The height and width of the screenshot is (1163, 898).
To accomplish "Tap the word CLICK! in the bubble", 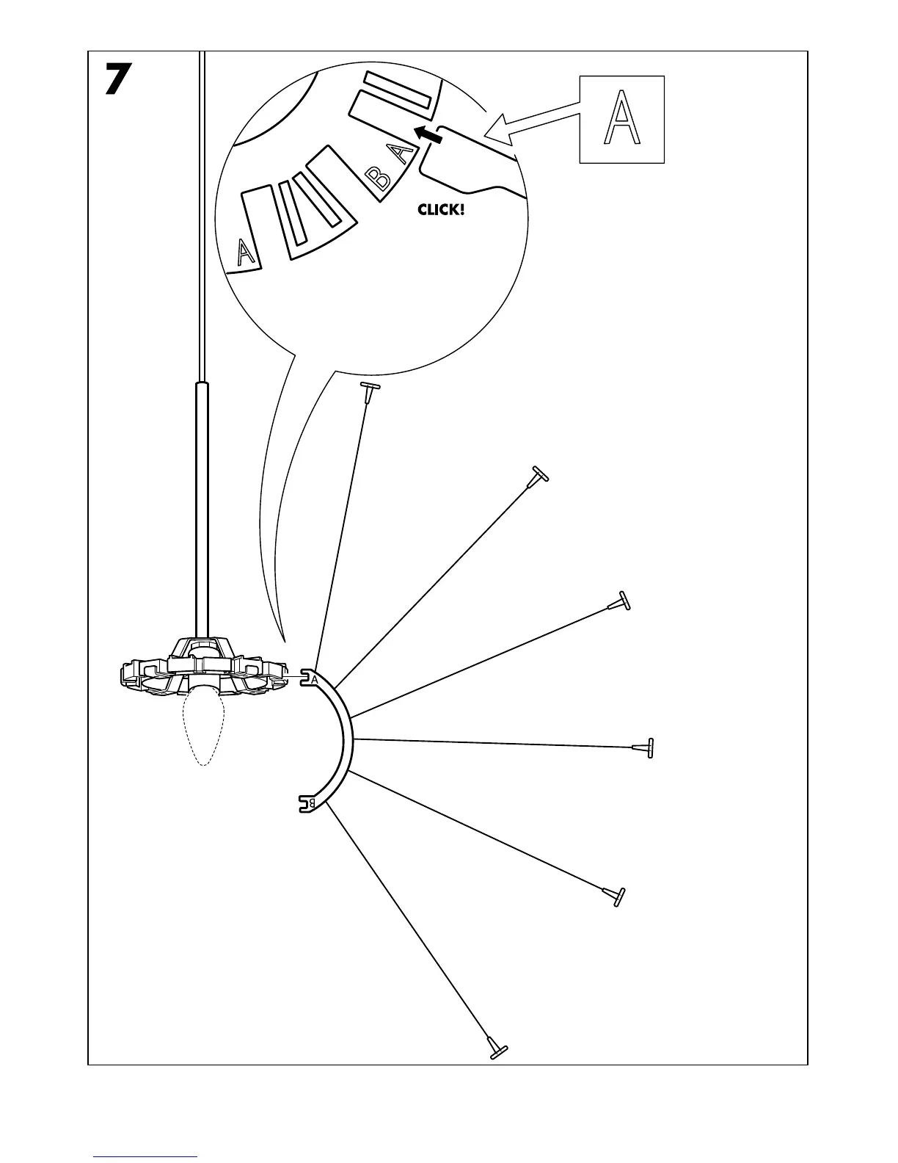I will coord(441,210).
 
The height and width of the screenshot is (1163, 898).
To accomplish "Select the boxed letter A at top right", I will coord(621,118).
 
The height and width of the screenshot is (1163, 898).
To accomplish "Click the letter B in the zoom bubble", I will coord(379,178).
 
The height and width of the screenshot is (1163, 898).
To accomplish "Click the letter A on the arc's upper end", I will coord(315,679).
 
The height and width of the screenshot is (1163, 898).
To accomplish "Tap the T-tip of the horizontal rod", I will coord(646,748).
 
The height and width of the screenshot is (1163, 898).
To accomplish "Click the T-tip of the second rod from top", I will coord(539,475).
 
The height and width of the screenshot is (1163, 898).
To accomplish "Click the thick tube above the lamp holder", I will coord(202,507).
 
